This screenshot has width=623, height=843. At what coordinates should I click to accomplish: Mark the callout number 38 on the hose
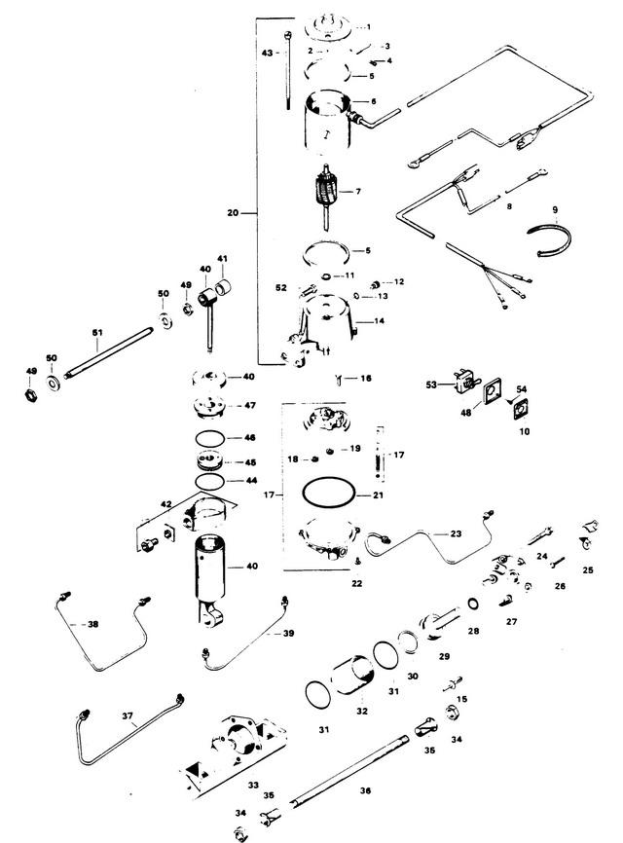pos(93,624)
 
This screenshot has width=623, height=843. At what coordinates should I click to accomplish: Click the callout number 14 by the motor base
pos(380,319)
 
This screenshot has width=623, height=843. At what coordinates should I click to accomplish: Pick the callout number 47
pos(249,404)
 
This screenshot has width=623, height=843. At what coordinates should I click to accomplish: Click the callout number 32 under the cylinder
pos(362,711)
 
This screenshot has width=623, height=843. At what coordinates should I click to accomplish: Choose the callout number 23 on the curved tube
pos(455,534)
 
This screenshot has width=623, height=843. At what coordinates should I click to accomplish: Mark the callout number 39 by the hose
pos(287,634)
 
